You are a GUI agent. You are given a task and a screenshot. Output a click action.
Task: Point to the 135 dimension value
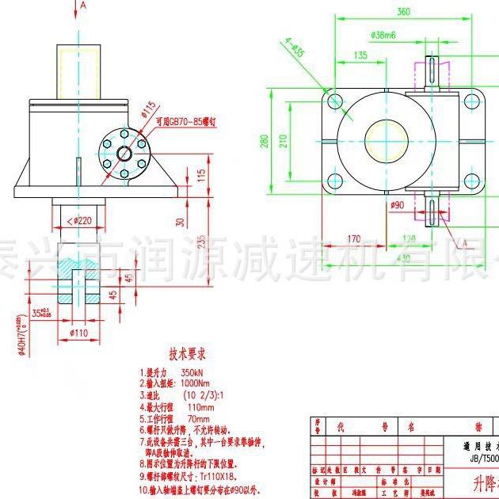click(x=360, y=55)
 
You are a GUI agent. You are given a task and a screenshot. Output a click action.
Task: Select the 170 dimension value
click(x=353, y=237)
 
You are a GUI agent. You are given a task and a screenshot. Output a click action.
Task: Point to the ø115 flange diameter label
click(x=148, y=106)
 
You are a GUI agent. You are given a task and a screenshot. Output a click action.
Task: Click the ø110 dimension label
click(x=78, y=333)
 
